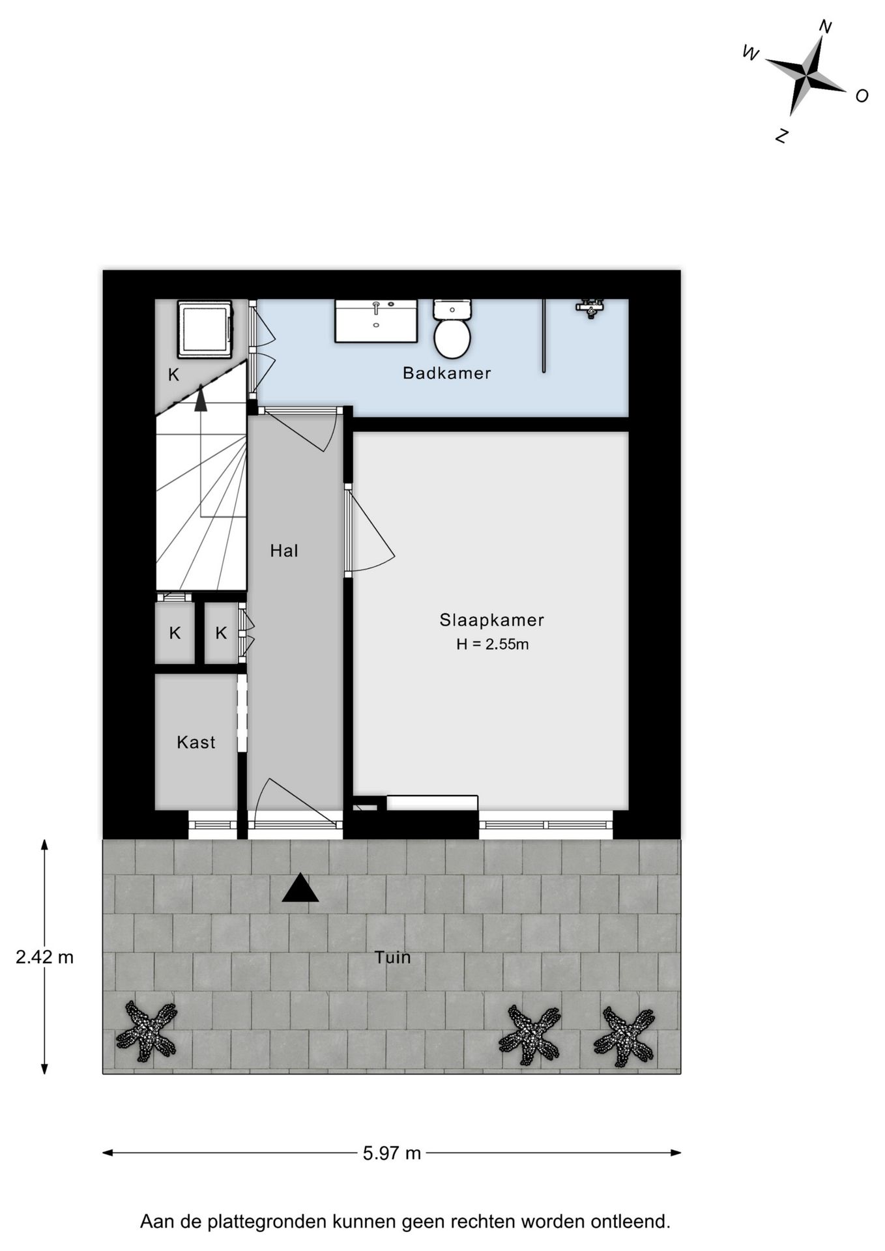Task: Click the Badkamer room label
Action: pos(446,373)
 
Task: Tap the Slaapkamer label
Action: pos(491,620)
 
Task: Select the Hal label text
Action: pos(284,551)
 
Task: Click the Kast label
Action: pos(196,742)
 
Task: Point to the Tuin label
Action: pos(392,957)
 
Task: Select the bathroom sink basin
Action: pos(376,321)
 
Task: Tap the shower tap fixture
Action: pos(590,307)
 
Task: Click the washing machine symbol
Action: pos(205,328)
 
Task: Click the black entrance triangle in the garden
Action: pos(300,889)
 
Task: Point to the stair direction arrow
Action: pos(201,398)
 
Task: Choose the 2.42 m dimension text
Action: pos(44,957)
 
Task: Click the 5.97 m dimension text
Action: pos(392,1153)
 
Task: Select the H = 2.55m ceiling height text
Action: pos(492,645)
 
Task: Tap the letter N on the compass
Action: pos(825,27)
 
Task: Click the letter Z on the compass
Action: pos(782,136)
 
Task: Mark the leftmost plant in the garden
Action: pos(147,1031)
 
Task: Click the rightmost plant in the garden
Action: pos(624,1036)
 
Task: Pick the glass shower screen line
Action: pos(544,336)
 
